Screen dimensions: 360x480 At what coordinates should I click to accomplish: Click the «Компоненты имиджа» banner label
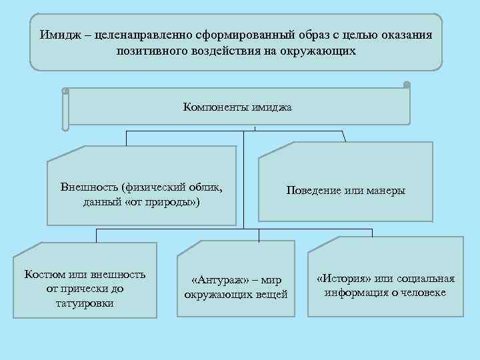pyautogui.click(x=237, y=106)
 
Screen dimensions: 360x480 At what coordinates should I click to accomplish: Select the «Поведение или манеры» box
pyautogui.click(x=345, y=191)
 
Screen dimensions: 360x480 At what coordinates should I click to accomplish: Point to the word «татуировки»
pyautogui.click(x=85, y=303)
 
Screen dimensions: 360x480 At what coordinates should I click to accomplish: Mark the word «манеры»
pyautogui.click(x=385, y=191)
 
